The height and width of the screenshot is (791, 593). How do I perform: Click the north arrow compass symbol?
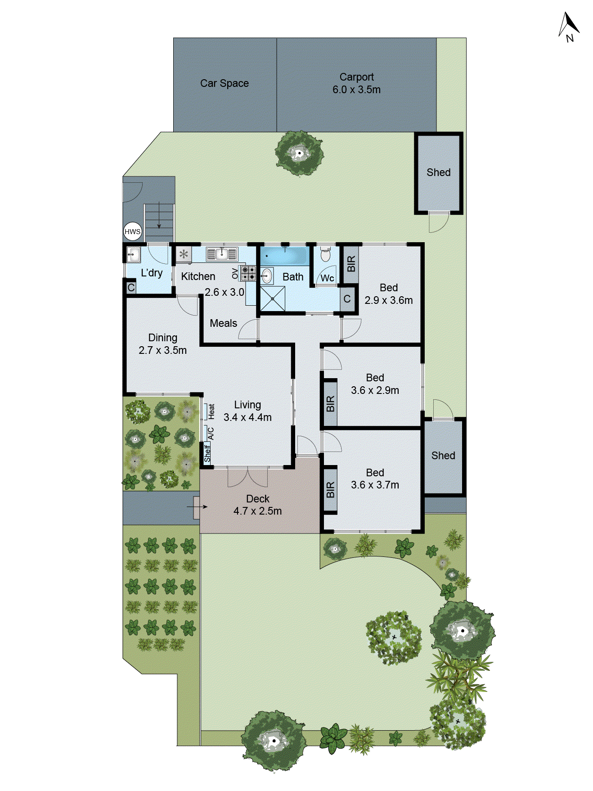pyautogui.click(x=569, y=27)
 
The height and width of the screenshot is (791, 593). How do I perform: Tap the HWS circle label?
pyautogui.click(x=132, y=231)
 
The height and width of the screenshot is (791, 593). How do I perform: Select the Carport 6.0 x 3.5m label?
pyautogui.click(x=356, y=83)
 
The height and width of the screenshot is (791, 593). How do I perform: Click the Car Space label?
pyautogui.click(x=224, y=83)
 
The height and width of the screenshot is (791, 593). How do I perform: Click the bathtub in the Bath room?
pyautogui.click(x=284, y=256)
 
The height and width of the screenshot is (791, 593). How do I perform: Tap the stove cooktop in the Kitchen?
pyautogui.click(x=248, y=273)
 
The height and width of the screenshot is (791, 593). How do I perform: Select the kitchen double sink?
pyautogui.click(x=221, y=254)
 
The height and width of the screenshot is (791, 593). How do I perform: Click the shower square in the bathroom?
pyautogui.click(x=273, y=298)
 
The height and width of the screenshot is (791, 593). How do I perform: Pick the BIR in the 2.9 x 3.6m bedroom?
pyautogui.click(x=351, y=264)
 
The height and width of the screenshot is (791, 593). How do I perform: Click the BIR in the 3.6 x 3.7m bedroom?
pyautogui.click(x=330, y=490)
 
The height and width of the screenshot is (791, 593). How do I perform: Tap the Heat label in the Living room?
pyautogui.click(x=211, y=411)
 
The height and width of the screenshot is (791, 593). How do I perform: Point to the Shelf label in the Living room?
pyautogui.click(x=207, y=453)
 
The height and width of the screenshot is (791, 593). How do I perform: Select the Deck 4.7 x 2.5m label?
pyautogui.click(x=257, y=505)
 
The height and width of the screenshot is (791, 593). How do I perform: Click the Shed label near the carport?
pyautogui.click(x=438, y=172)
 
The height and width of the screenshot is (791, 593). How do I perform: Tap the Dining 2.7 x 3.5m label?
pyautogui.click(x=162, y=344)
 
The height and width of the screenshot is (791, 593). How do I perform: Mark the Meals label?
pyautogui.click(x=223, y=323)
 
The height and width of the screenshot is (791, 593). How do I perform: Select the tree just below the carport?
pyautogui.click(x=299, y=154)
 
